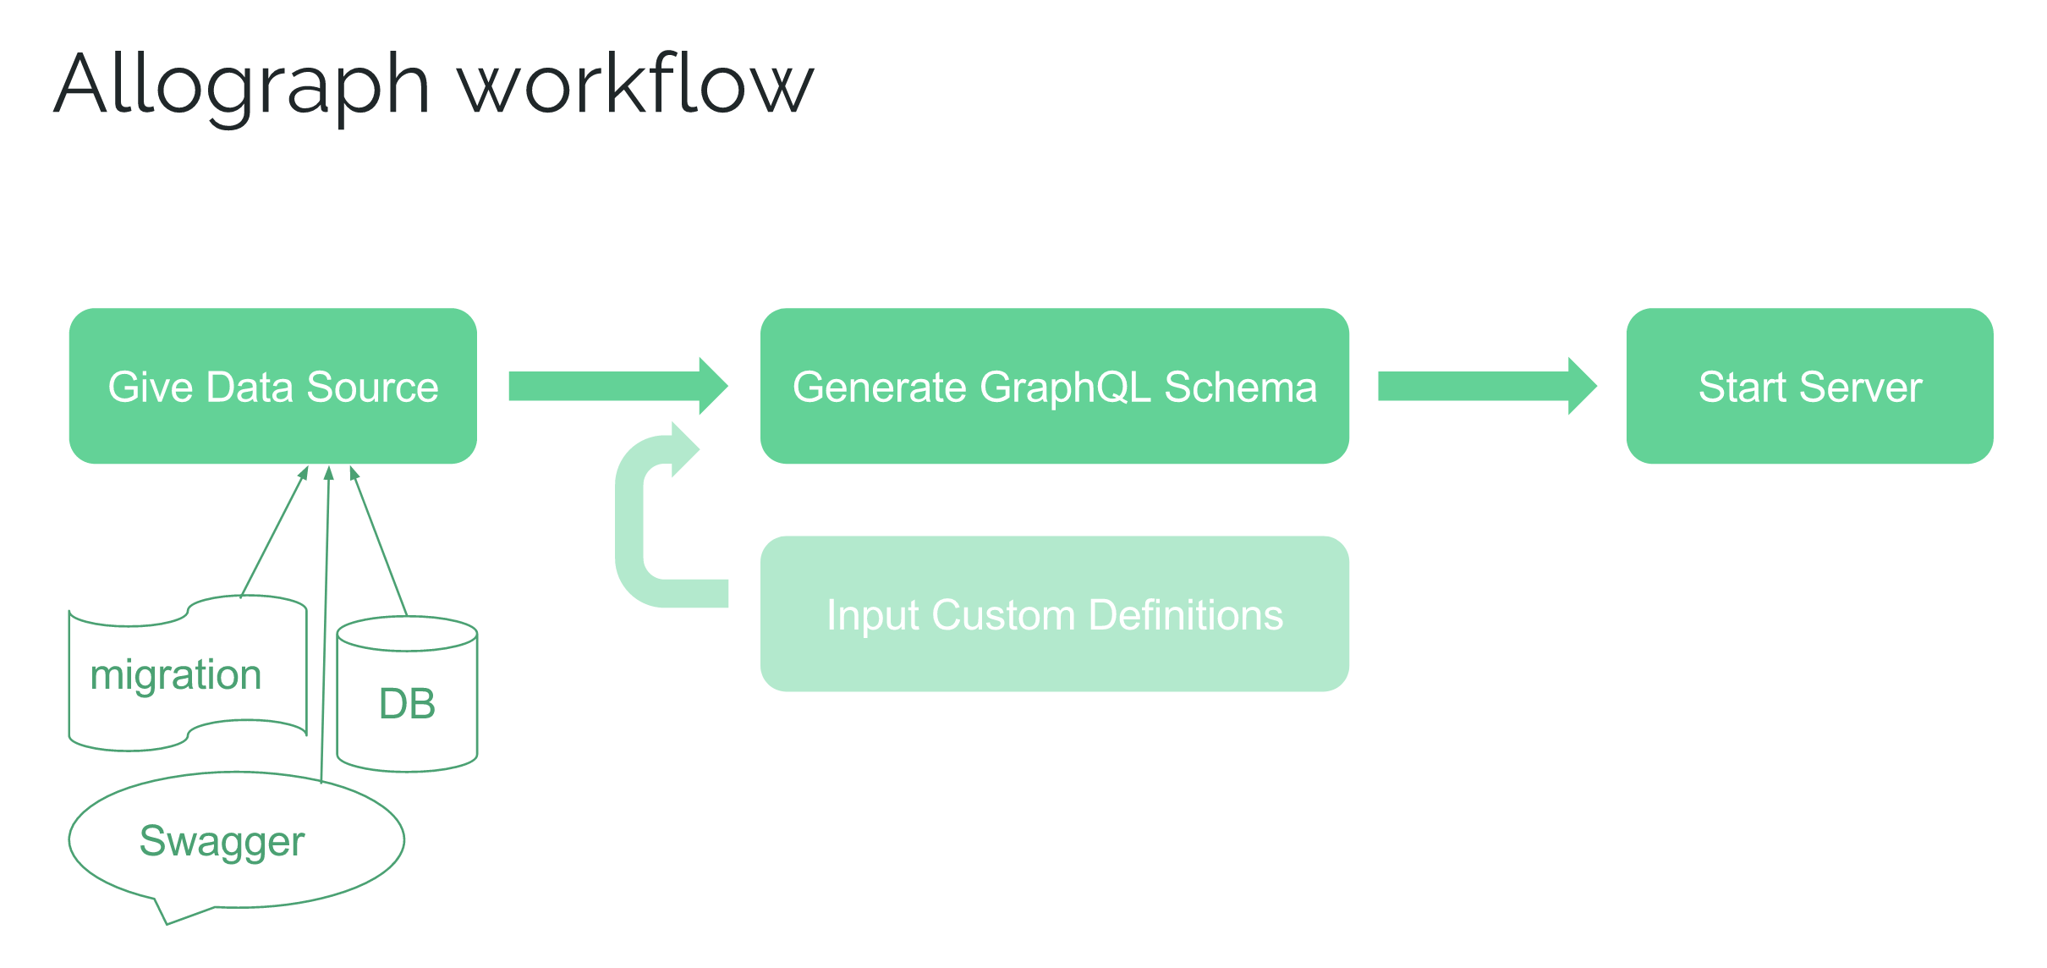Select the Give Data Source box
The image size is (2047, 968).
(273, 386)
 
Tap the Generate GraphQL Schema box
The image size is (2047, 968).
(1055, 386)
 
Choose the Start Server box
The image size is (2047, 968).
(1810, 386)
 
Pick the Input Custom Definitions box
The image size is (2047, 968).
(1055, 613)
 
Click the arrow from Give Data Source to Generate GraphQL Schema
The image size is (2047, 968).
(618, 386)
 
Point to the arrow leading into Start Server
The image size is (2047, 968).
(1488, 386)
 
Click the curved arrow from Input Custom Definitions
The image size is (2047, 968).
(629, 525)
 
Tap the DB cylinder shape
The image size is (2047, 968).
(407, 694)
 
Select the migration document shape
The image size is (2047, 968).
(188, 674)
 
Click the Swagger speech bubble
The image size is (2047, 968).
(237, 839)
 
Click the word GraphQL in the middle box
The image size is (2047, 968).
(1065, 388)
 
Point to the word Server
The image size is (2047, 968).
(1861, 387)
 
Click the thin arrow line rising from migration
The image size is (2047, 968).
(274, 531)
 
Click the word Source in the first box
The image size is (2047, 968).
(372, 387)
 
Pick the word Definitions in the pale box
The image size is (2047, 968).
(1186, 615)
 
